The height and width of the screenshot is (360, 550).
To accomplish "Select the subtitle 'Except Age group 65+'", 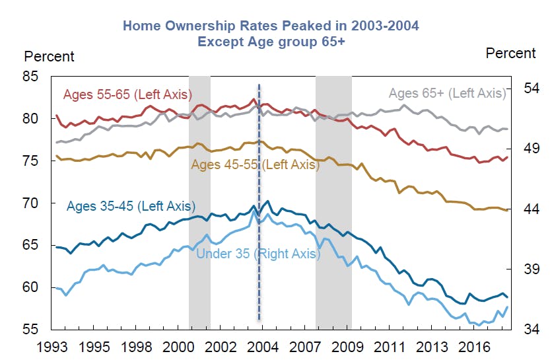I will coord(271,40).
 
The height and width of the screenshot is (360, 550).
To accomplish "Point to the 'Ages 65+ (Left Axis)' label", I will coord(447,93).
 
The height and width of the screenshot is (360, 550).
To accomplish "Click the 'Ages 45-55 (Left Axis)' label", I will coord(255,164).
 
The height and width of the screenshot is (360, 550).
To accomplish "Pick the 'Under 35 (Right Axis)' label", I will coord(258,254).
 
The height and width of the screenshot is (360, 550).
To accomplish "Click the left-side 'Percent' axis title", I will coord(49,57).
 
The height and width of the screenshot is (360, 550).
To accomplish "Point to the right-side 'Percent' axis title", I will coord(510,53).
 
